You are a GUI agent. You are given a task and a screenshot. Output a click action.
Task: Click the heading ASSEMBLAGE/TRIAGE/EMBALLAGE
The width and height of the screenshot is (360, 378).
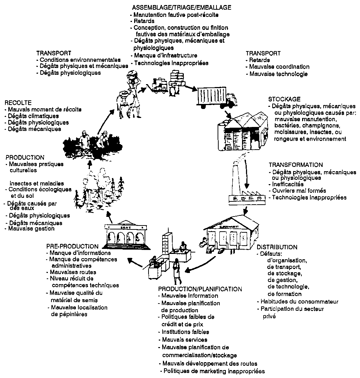tap(181, 7)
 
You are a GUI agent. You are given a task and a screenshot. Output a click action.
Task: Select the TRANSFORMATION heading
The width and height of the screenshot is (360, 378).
tap(296, 165)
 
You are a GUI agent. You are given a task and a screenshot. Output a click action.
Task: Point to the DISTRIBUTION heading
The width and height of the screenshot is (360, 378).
tap(277, 247)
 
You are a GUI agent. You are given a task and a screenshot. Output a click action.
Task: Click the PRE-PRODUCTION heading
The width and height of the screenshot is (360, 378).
tap(72, 246)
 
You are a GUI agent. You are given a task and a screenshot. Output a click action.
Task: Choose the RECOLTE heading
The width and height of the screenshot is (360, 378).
tap(18, 103)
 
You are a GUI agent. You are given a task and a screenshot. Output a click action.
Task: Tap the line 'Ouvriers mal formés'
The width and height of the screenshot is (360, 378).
tap(299, 191)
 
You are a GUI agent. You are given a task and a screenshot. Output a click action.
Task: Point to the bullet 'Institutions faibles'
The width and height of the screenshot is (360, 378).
tap(185, 332)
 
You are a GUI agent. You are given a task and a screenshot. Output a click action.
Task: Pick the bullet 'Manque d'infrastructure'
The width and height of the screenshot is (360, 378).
tap(165, 55)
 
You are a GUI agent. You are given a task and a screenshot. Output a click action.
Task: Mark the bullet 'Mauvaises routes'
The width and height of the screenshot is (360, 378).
tap(73, 272)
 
